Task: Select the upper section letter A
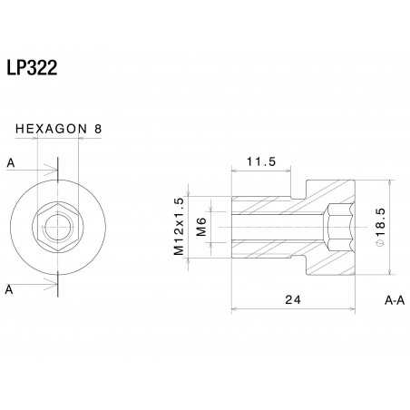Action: pos(10,163)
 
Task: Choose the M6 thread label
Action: pos(201,226)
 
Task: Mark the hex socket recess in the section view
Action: pos(341,226)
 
